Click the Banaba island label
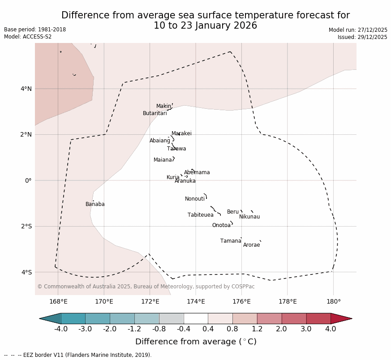[95, 204]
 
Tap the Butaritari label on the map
[155, 113]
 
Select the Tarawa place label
[176, 149]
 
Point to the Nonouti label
[195, 199]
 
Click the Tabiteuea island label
[200, 215]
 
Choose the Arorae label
[251, 245]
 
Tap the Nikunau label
[249, 217]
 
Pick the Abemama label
[197, 172]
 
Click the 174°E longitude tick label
[196, 301]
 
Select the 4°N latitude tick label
[26, 89]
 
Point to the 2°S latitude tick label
[26, 226]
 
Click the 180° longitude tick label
[333, 301]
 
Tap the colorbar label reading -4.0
[61, 329]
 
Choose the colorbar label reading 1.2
[257, 329]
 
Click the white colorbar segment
[196, 318]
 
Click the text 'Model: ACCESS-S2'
[28, 37]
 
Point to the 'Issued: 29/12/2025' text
[362, 37]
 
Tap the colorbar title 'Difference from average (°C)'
[196, 342]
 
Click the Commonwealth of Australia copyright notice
[146, 287]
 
